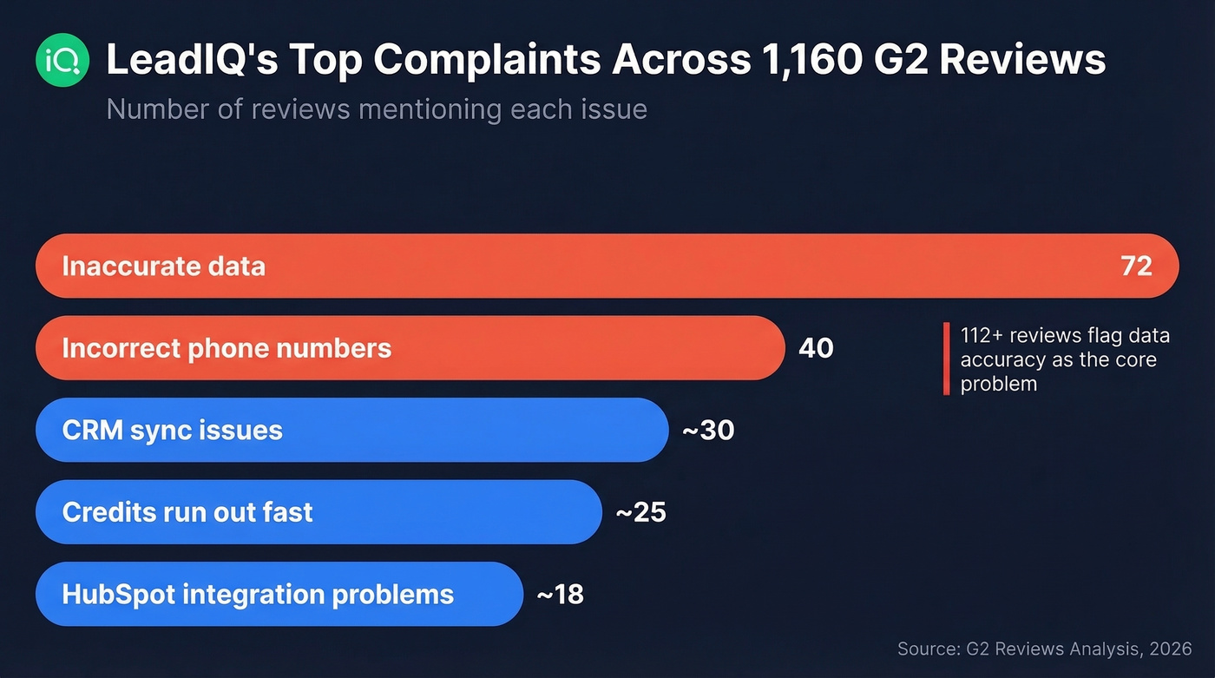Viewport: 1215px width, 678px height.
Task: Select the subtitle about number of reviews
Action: point(377,110)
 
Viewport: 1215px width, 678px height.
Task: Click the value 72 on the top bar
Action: point(1136,266)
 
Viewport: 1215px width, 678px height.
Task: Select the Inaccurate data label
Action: point(163,266)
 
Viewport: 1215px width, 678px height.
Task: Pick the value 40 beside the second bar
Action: point(815,348)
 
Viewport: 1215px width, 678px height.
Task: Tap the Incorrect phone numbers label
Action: point(227,348)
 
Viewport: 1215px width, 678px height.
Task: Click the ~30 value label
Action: point(708,430)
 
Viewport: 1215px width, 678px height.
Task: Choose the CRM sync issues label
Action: point(172,430)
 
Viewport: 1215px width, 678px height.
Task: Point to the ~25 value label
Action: point(640,512)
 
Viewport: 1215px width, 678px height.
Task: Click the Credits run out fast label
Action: point(187,512)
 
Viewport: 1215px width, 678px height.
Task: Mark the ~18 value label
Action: point(560,594)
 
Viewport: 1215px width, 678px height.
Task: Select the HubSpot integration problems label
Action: point(258,594)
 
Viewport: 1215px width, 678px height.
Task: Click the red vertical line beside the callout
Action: point(946,359)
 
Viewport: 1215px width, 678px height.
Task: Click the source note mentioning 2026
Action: point(1045,648)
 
